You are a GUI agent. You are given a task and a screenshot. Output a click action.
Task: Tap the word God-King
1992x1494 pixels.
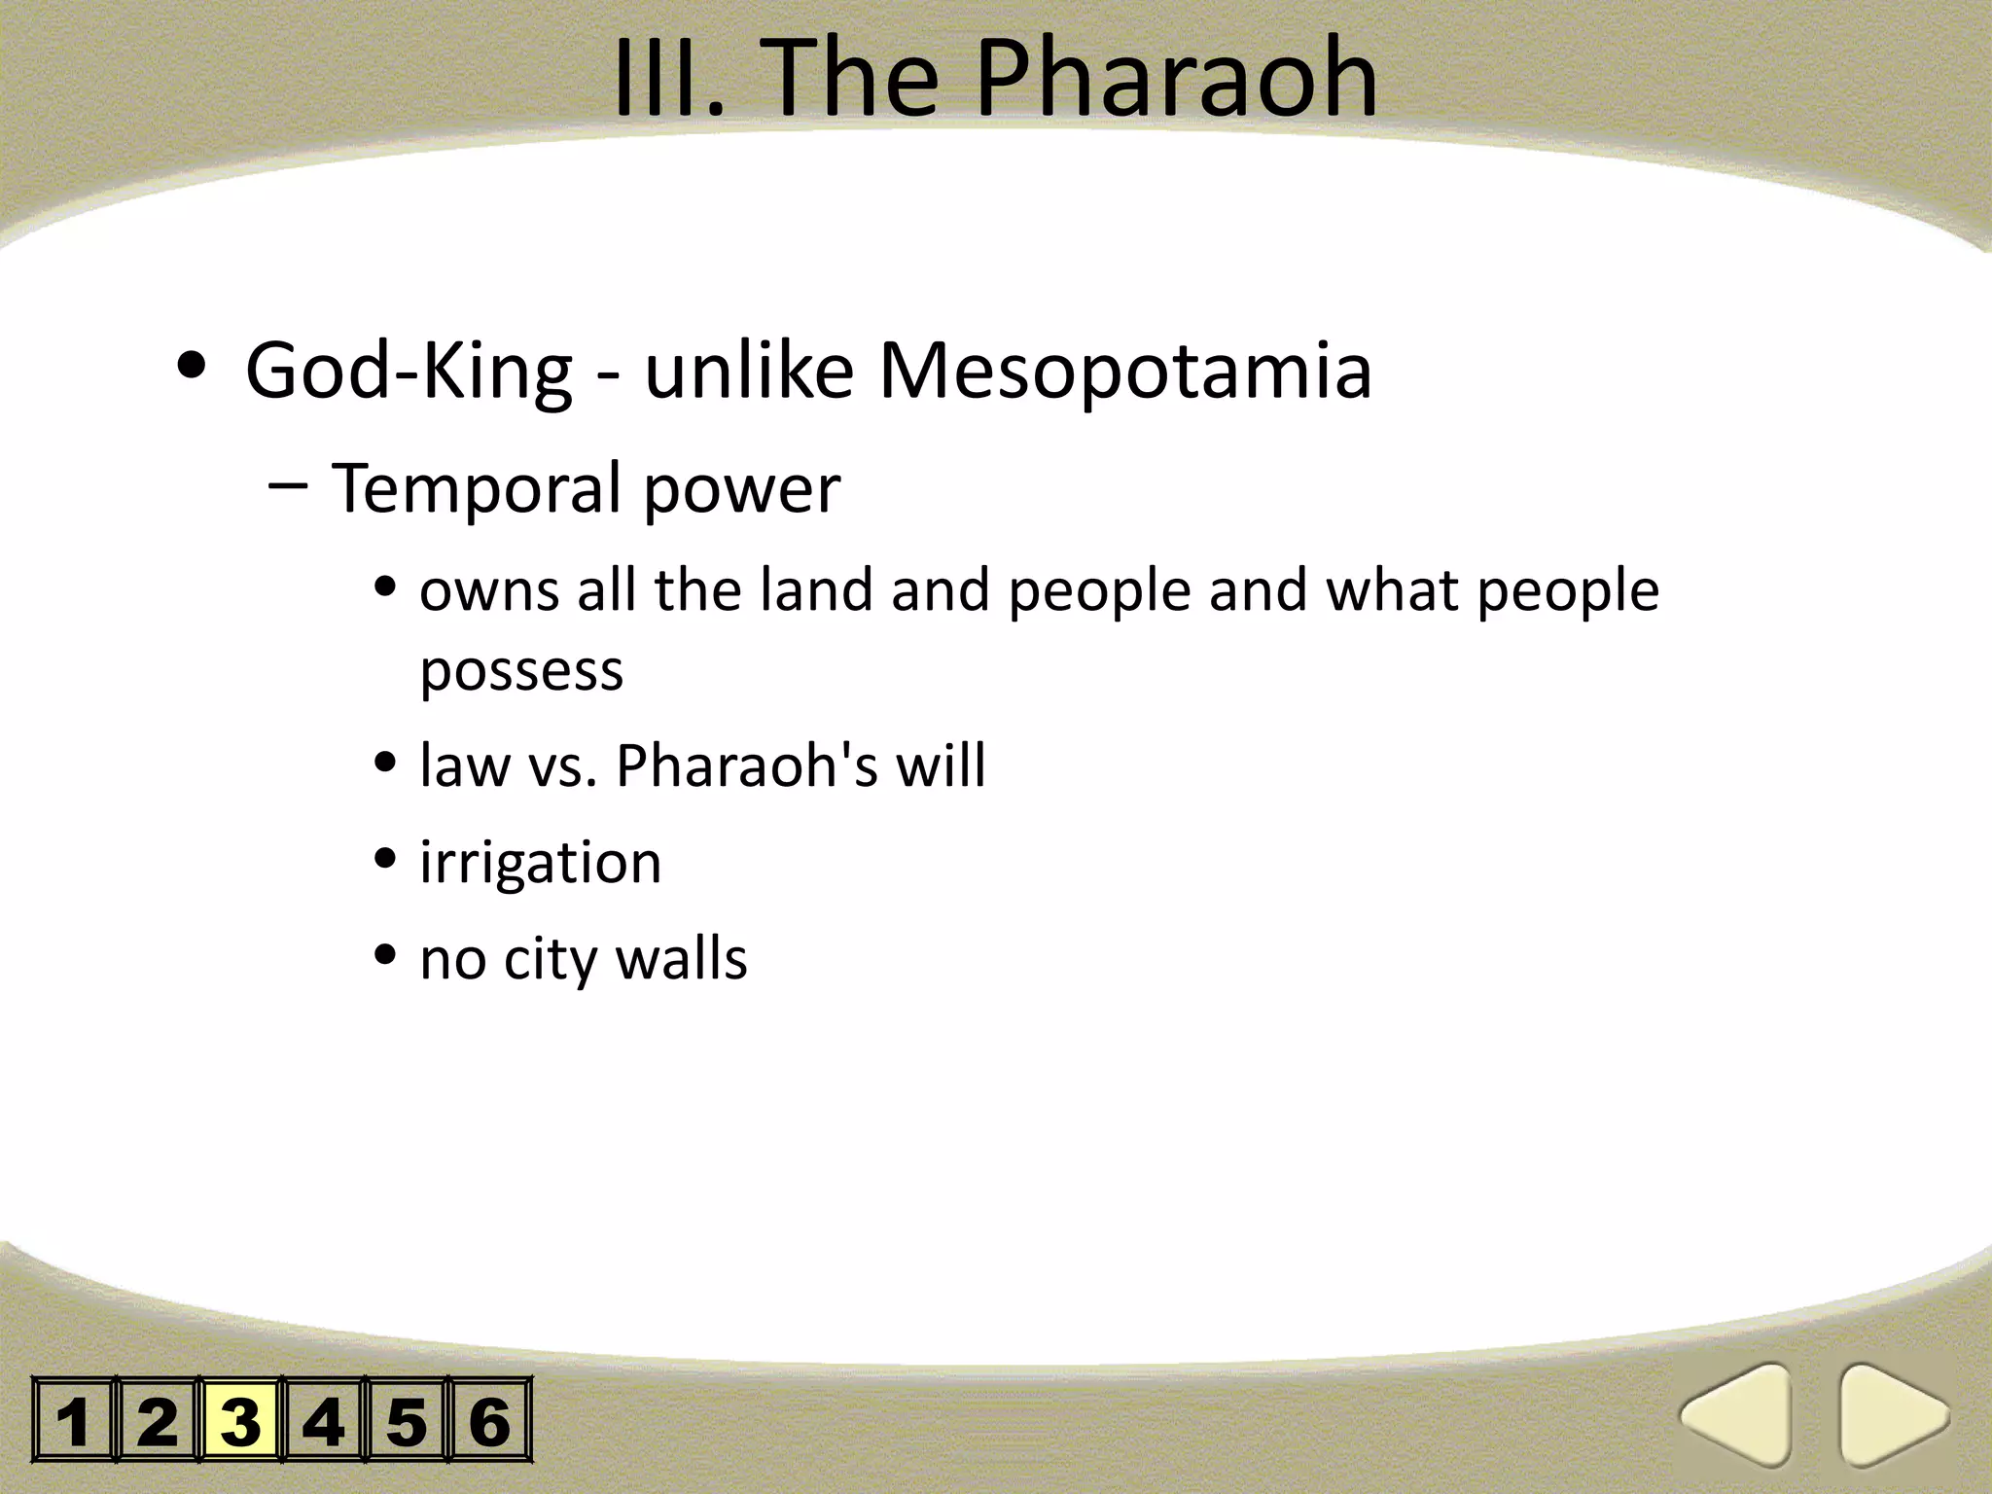[x=409, y=372]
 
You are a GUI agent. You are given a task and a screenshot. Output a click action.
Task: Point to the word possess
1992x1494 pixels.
[x=521, y=671]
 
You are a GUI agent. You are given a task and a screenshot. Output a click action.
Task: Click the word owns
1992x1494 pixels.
[x=489, y=591]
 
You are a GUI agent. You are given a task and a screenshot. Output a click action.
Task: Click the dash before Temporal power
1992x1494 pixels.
[x=288, y=485]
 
